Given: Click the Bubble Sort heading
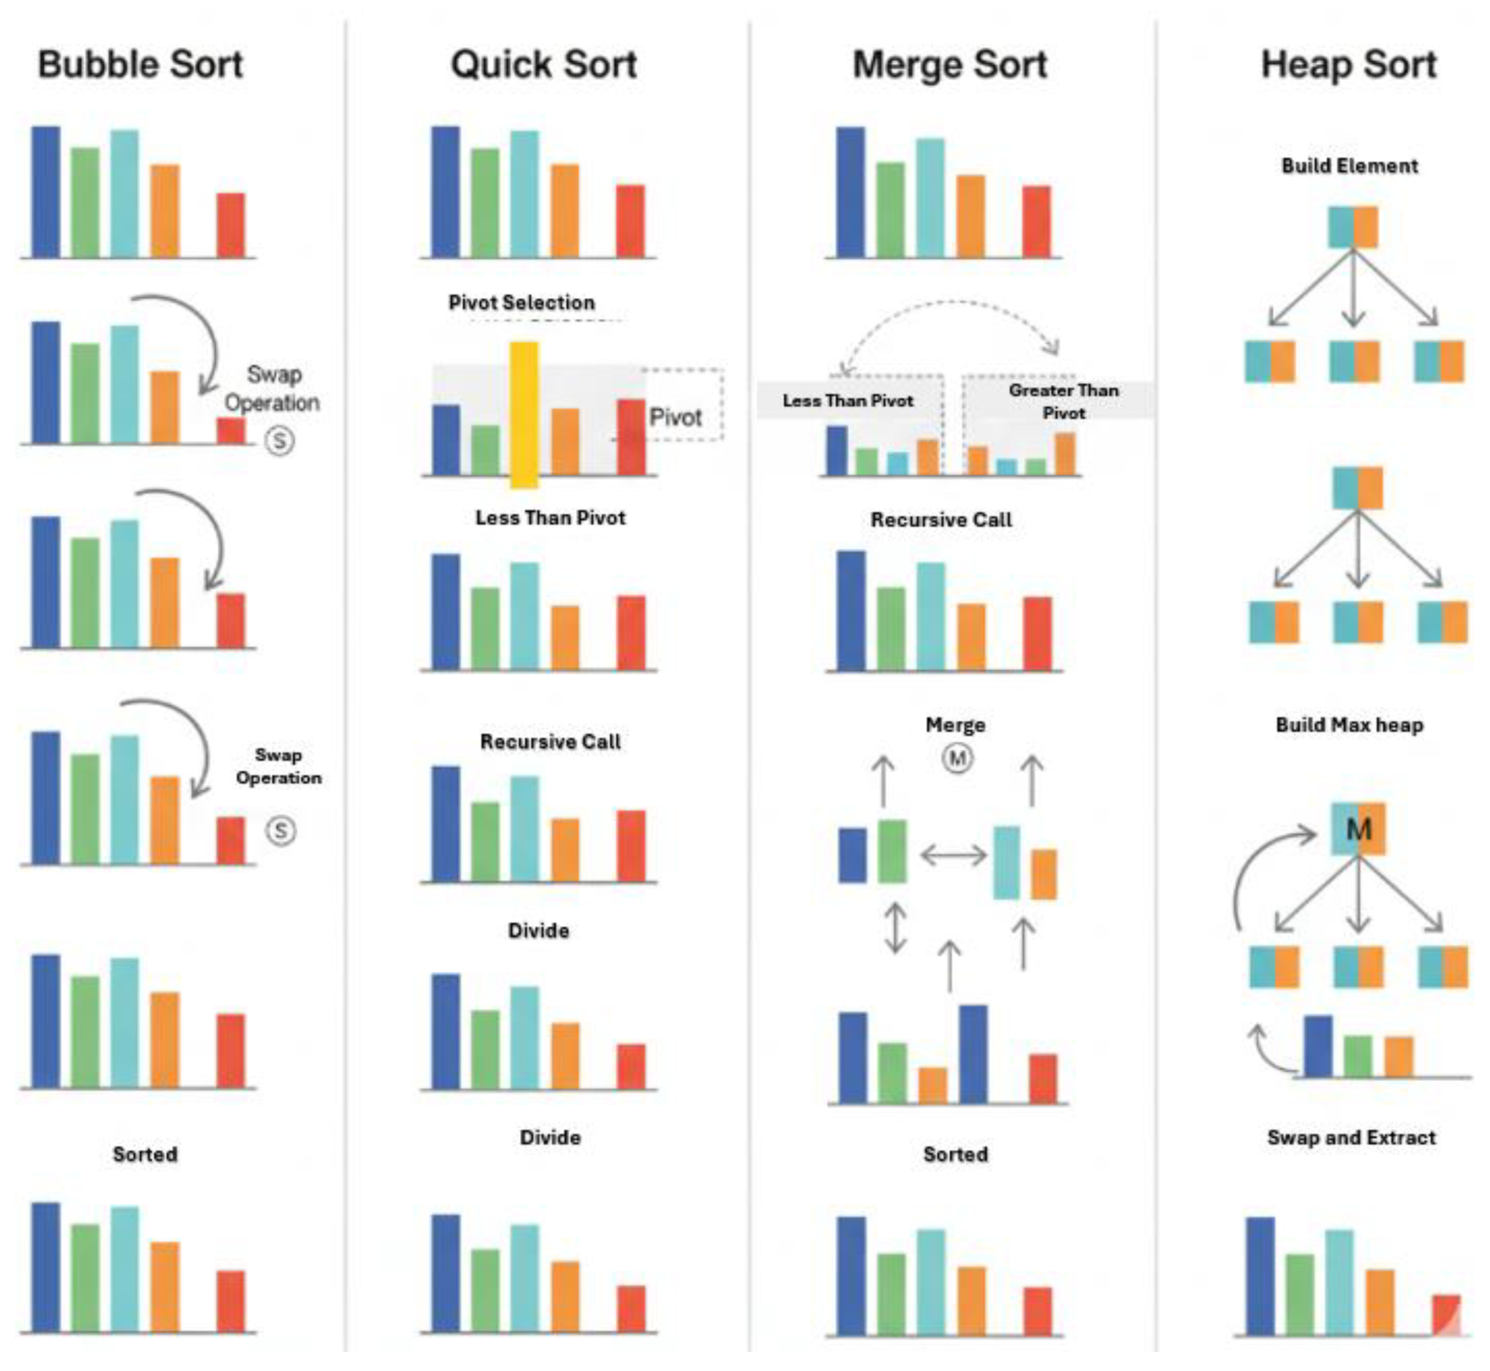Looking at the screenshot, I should pos(140,65).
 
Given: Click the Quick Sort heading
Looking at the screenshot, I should pos(544,65).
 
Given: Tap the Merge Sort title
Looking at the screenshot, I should pos(950,65).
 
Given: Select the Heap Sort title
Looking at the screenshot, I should pos(1349,65).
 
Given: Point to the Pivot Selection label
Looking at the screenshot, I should pos(522,303).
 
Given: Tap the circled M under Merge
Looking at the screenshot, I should pos(957,758).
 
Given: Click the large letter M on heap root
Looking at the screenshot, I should pos(1358,829).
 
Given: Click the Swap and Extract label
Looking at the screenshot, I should pos(1351,1137).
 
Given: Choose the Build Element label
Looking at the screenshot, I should pos(1349,165).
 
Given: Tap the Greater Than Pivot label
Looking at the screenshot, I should pos(1063,402).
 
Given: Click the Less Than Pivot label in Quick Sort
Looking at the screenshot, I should pos(550,518).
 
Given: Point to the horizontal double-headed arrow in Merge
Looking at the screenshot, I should pos(953,856).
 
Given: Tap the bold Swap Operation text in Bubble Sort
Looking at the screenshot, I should pos(278,766).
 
